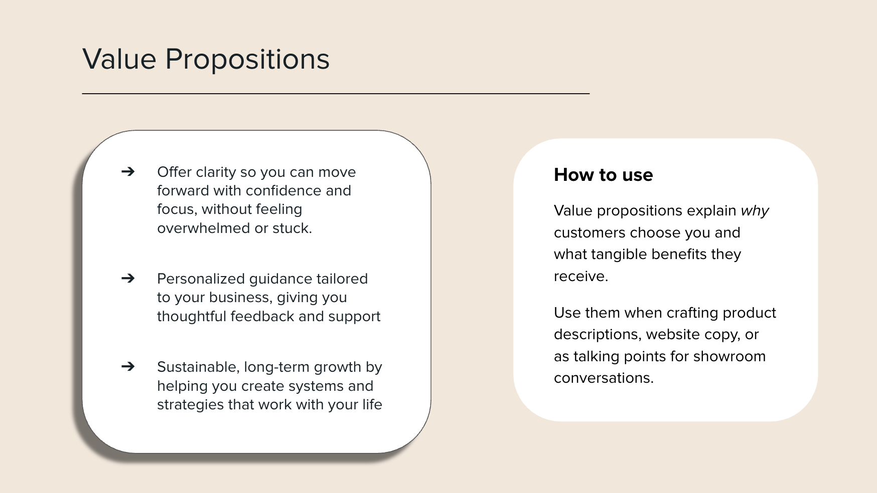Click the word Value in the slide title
[119, 59]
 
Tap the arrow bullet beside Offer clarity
[128, 172]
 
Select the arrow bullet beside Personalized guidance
[128, 278]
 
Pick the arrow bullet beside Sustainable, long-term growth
[128, 367]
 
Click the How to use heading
[603, 175]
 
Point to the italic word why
[755, 211]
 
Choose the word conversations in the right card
[603, 378]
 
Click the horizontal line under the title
[336, 94]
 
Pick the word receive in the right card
[579, 277]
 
